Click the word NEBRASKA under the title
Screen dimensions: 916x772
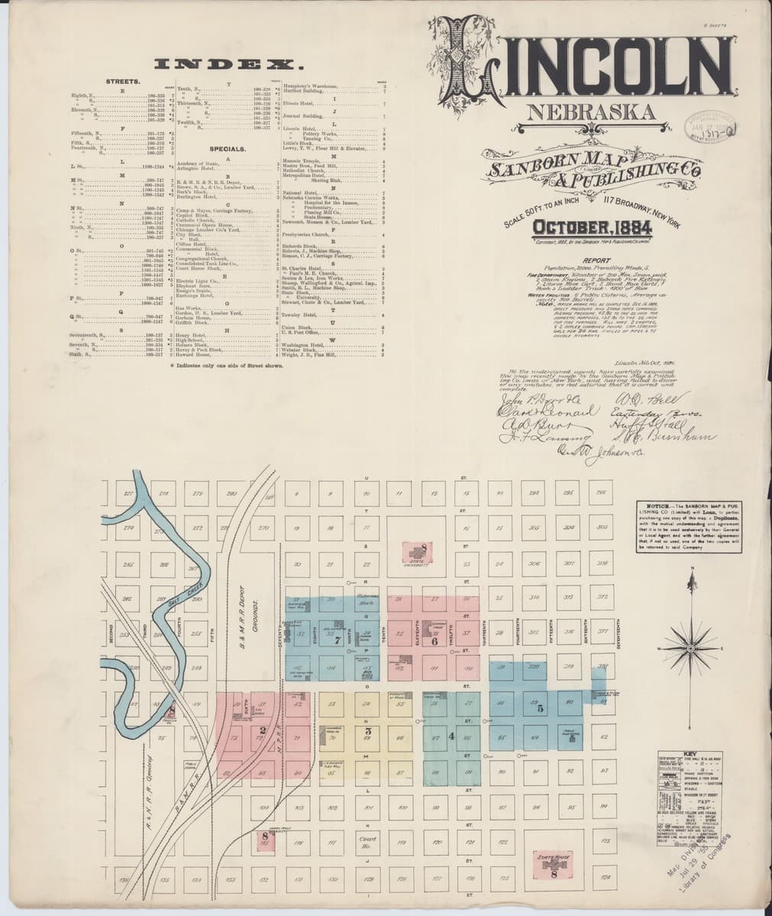[590, 113]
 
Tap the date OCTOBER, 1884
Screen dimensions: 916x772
[592, 227]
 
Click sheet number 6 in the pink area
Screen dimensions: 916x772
[434, 641]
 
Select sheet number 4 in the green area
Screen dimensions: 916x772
[451, 737]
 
